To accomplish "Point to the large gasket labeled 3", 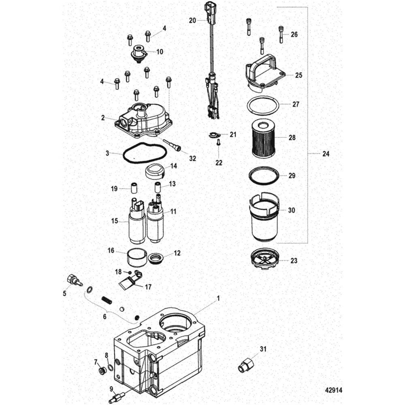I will tap(144, 154).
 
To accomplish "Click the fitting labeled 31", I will tap(246, 365).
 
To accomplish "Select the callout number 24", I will tap(326, 154).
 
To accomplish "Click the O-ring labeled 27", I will tap(262, 106).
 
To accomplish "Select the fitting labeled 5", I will tap(74, 280).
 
